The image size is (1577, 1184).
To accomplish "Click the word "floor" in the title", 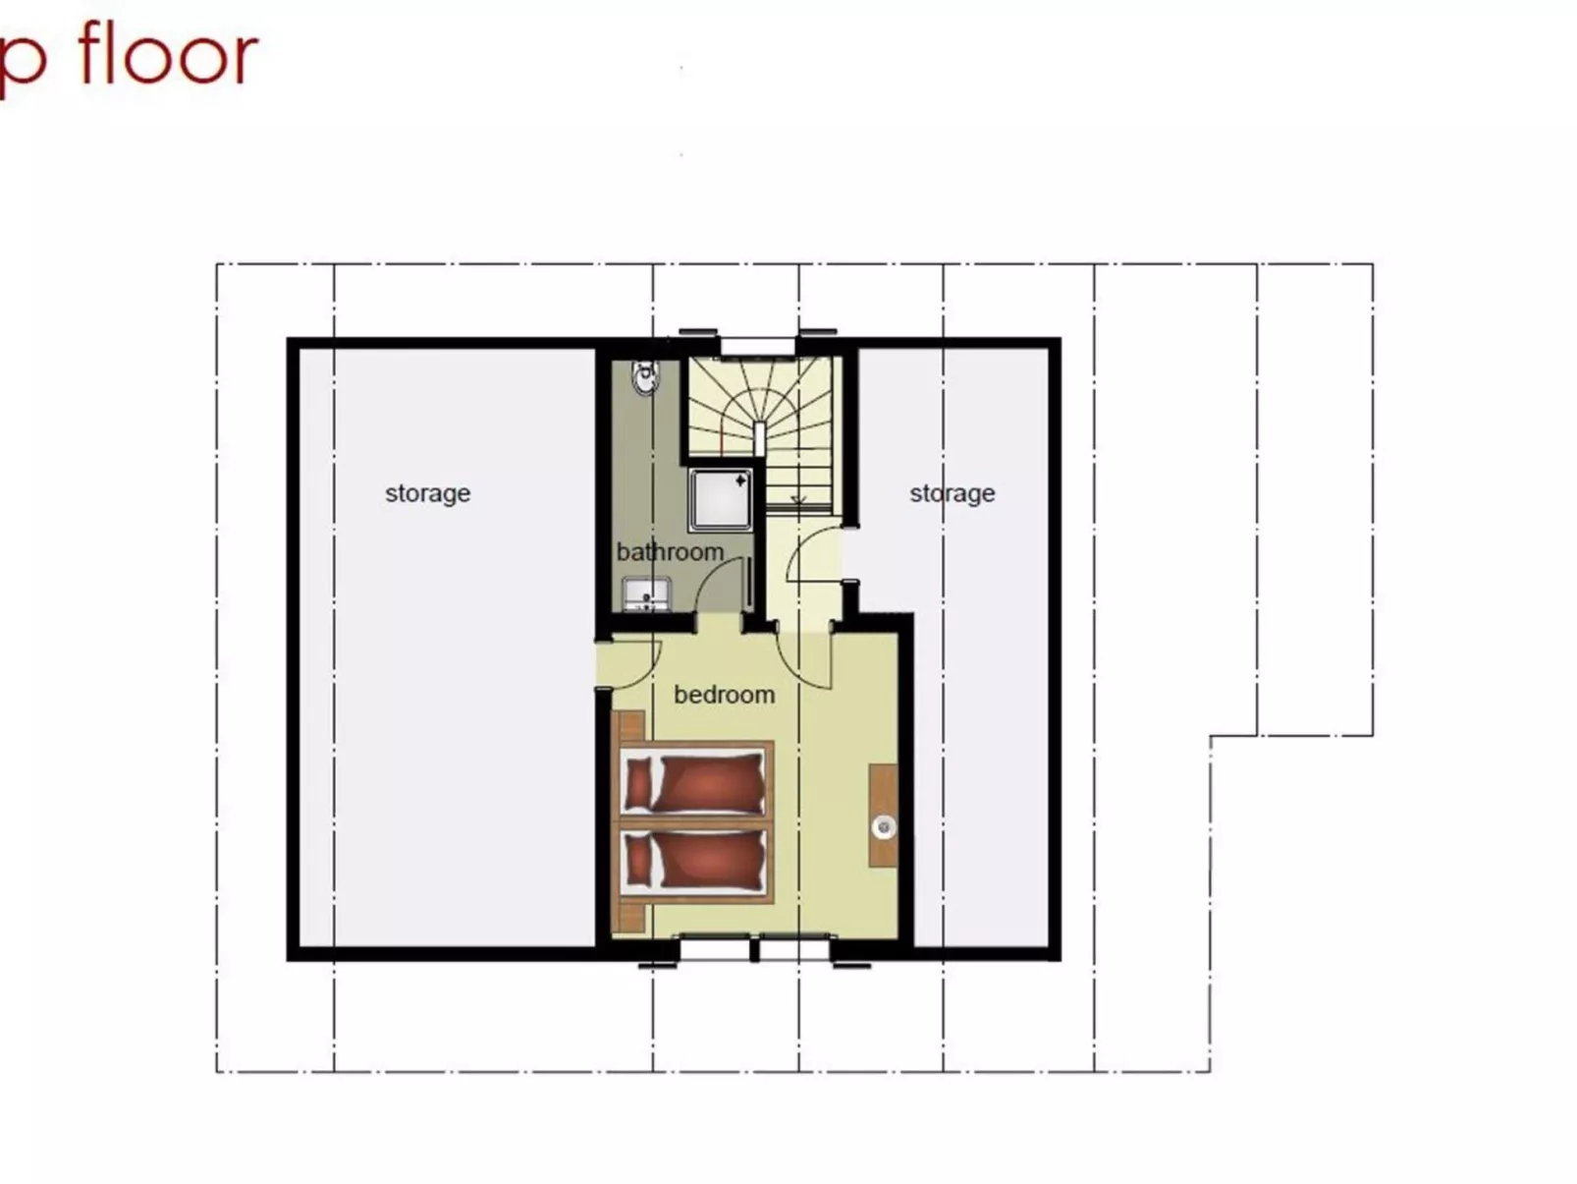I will pos(168,55).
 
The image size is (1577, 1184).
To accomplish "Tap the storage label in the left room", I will pos(427,493).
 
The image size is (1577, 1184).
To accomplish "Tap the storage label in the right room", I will pos(952,493).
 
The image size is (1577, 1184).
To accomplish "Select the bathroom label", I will pos(670,552).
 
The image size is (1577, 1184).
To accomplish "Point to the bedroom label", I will pos(724,695).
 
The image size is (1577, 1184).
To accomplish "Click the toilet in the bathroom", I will pos(644,377).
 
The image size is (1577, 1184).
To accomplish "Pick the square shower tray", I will pos(721,499).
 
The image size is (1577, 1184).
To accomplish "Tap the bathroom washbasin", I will pos(645,593).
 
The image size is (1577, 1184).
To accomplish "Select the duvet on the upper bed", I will pos(711,783).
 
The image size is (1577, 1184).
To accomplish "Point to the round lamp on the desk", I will pos(884,827).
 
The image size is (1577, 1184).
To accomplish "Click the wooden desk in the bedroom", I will pos(883,815).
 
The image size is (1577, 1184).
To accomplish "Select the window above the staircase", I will pos(757,345).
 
